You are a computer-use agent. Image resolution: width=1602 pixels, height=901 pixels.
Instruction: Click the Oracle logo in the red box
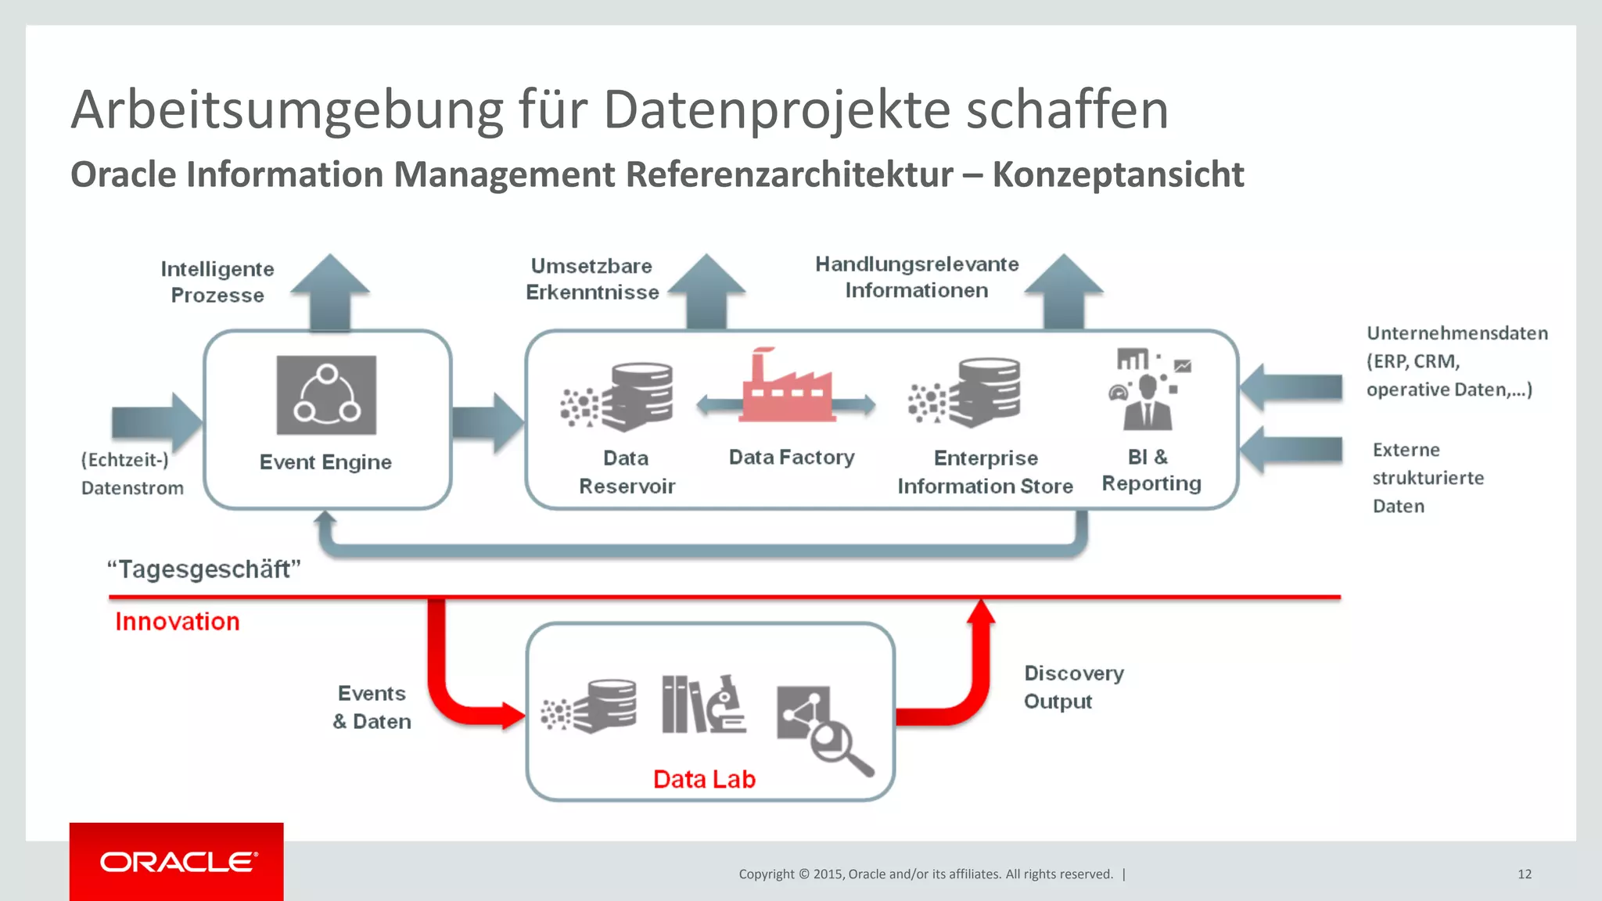[x=178, y=862]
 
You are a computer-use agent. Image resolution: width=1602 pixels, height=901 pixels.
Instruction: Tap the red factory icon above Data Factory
[x=786, y=389]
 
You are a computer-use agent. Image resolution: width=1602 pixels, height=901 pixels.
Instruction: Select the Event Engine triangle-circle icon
[x=326, y=395]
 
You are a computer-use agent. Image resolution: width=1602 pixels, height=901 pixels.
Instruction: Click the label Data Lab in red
[x=704, y=779]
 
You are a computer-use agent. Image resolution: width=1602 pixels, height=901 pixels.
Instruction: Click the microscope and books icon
[x=703, y=705]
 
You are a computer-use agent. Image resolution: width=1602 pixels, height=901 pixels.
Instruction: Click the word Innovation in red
[x=178, y=622]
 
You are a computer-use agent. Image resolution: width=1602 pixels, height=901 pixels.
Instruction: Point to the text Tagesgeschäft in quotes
[x=204, y=569]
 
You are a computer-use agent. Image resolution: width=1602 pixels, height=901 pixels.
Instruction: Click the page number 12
[x=1525, y=874]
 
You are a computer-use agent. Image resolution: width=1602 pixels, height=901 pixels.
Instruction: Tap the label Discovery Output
[x=1073, y=687]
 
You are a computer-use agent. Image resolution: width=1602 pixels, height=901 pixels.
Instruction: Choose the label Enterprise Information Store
[x=985, y=472]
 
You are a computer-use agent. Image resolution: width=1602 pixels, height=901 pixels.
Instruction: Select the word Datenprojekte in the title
[x=777, y=109]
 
